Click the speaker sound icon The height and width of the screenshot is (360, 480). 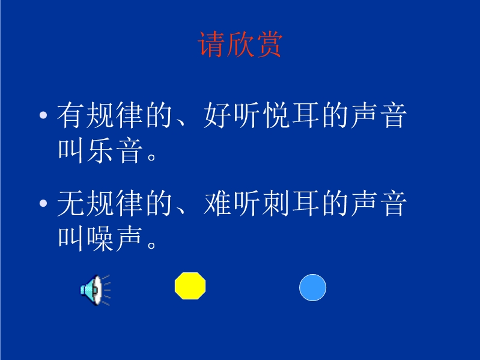95,290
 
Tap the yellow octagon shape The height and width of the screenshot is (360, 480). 190,285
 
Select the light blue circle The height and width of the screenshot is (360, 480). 312,287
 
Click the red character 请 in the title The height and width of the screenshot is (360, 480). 211,44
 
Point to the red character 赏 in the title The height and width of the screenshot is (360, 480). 270,44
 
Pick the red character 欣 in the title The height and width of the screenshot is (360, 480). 240,44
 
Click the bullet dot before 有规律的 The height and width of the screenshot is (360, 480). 43,115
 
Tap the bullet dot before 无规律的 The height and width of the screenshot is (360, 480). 43,203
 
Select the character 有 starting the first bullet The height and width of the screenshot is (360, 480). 70,115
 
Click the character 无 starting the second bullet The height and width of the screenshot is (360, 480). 70,203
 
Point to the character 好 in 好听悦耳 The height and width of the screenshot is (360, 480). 217,115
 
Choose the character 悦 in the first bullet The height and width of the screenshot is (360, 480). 276,115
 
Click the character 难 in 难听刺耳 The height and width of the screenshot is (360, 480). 217,203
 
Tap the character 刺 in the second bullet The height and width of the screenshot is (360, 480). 276,203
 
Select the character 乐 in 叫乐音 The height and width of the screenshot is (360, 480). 100,150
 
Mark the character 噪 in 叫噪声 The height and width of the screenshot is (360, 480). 100,239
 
